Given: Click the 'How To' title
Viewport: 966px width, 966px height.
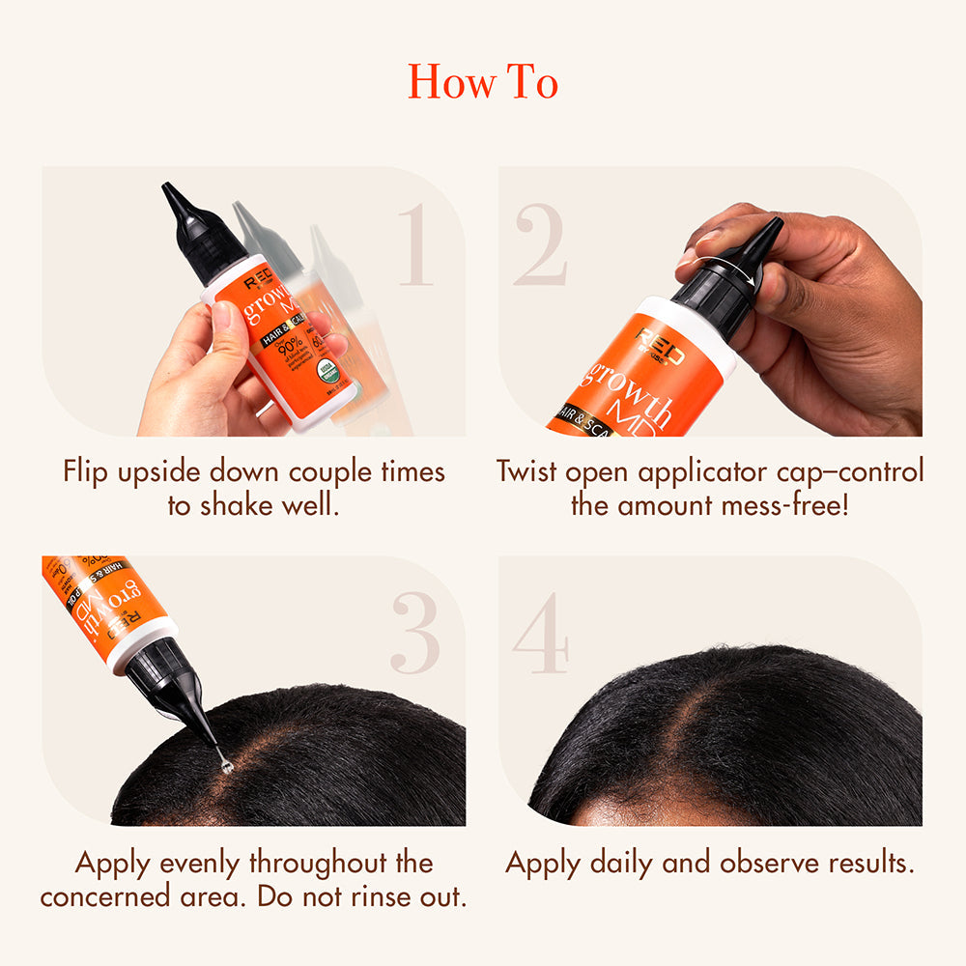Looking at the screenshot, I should (482, 81).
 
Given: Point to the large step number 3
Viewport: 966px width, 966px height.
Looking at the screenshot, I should (416, 633).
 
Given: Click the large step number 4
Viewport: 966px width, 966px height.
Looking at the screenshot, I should (541, 633).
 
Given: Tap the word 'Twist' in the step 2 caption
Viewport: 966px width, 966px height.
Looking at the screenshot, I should (528, 471).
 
